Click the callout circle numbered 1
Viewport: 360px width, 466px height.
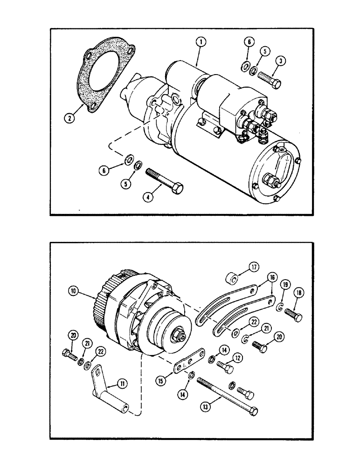[201, 42]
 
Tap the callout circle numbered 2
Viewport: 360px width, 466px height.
[69, 118]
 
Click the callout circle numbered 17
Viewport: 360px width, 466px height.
[254, 267]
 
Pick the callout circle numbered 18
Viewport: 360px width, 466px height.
[298, 293]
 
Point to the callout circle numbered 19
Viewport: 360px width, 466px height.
[284, 284]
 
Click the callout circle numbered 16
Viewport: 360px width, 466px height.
[270, 279]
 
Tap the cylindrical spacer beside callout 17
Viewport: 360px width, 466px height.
[231, 279]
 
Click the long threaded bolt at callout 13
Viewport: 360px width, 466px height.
[227, 391]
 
